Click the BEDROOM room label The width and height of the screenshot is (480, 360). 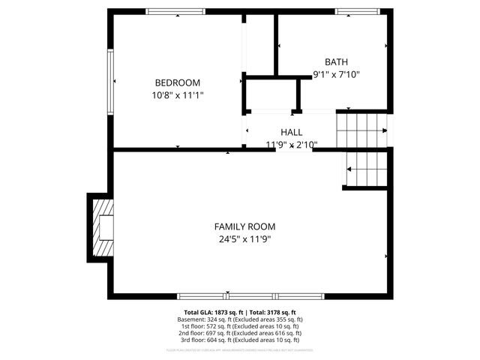click(177, 82)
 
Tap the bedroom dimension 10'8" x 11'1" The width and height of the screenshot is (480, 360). click(177, 95)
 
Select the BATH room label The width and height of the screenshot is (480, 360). click(336, 62)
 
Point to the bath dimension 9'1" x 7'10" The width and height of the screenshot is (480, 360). click(336, 74)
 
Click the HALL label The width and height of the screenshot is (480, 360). click(292, 132)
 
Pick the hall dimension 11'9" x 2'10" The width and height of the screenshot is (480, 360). click(292, 144)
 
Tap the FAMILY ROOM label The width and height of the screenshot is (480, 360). click(244, 226)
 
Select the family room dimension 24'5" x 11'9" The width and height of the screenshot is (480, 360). click(244, 239)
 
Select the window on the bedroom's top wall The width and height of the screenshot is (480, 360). click(175, 11)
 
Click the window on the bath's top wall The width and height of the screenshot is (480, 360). click(357, 11)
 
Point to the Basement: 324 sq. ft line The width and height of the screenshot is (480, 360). click(240, 319)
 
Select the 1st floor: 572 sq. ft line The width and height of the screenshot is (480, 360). click(240, 326)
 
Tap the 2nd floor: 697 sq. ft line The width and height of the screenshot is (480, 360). click(240, 333)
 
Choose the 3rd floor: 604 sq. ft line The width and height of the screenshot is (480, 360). click(240, 340)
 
